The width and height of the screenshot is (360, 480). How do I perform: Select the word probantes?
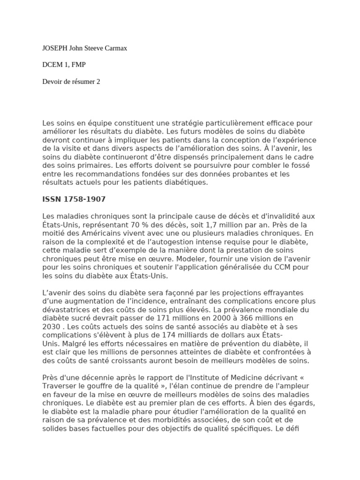coord(252,174)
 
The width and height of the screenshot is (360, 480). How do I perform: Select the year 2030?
coord(52,326)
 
